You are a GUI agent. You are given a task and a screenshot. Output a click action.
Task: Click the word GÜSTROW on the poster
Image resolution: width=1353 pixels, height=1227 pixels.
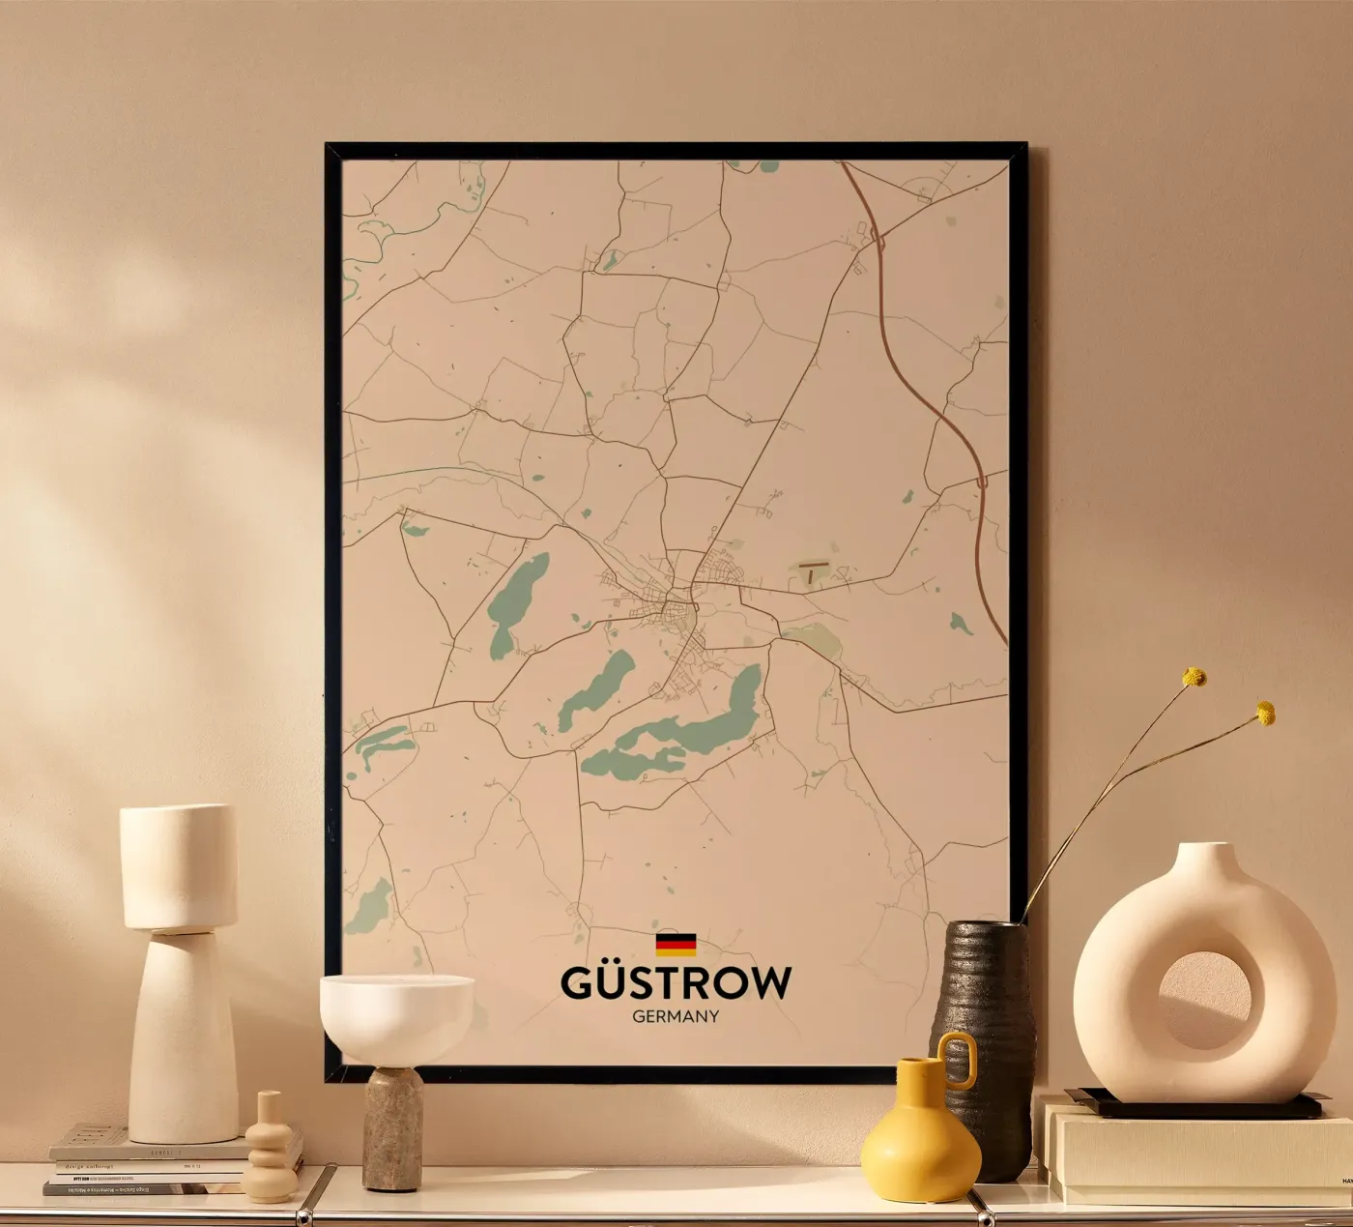tap(676, 983)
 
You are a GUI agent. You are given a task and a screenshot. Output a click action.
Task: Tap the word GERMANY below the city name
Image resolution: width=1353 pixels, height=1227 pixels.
tap(676, 1016)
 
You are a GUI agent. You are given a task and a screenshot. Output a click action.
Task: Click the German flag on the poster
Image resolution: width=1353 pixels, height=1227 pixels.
tap(676, 944)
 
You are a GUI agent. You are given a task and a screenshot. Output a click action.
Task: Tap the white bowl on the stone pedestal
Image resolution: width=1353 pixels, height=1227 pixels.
tap(396, 1015)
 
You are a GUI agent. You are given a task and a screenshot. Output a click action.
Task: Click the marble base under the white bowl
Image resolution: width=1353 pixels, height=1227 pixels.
tap(392, 1126)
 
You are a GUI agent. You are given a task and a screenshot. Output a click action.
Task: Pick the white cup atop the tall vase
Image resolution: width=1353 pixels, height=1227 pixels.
tap(179, 865)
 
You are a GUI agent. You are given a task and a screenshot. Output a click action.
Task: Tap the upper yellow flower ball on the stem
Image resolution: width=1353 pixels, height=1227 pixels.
tap(1195, 677)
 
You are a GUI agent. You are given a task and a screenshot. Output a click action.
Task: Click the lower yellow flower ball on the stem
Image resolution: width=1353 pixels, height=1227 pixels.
tap(1265, 714)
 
